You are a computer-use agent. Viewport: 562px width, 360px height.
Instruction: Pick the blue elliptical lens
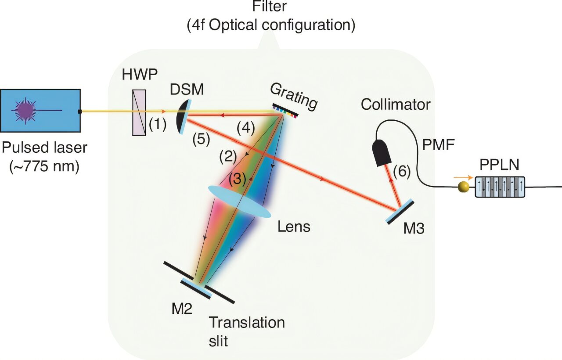pos(239,201)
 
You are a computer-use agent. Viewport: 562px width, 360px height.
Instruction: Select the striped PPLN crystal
pos(500,187)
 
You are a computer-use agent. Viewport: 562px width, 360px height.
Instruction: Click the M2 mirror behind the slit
pos(195,288)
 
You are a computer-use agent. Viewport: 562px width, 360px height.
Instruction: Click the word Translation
pos(247,323)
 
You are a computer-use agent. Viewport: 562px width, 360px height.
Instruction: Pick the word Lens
pos(294,227)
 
